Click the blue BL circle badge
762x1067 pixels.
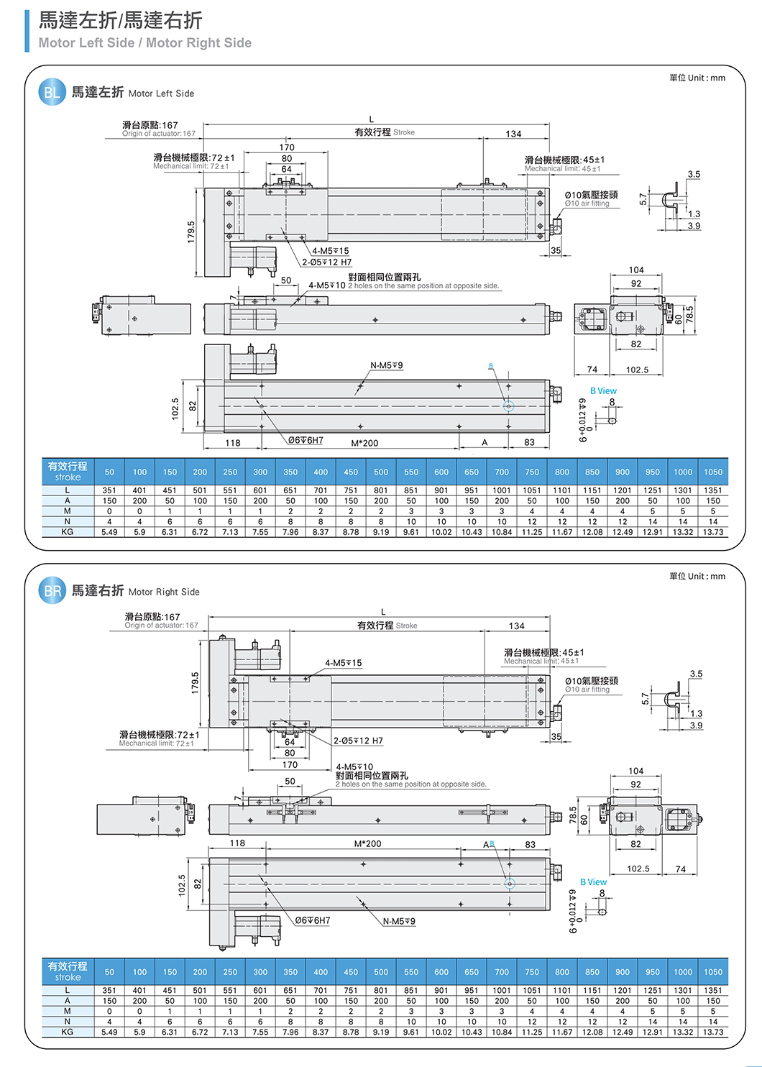coord(52,92)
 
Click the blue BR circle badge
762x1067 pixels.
coord(52,591)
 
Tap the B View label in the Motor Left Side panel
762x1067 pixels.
coord(603,391)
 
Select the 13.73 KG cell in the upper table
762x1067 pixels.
coord(713,532)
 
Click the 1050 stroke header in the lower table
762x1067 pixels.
coord(713,972)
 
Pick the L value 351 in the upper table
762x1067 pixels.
coord(109,490)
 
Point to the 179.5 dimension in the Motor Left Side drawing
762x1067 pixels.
coord(191,232)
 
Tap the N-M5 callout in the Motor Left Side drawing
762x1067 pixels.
coord(387,366)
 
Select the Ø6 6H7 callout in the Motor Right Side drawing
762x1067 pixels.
coord(313,920)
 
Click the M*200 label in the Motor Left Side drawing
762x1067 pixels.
coord(364,443)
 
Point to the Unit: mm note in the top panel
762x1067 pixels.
coord(697,78)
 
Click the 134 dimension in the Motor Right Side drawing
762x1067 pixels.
coord(516,626)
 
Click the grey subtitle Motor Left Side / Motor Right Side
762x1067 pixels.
coord(145,43)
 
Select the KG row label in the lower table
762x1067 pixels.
coord(68,1032)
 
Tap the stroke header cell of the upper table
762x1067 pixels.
coord(68,472)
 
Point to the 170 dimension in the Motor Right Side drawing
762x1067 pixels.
coord(290,765)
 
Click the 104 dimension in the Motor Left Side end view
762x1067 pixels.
coord(636,270)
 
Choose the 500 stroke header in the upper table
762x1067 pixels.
coord(381,472)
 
